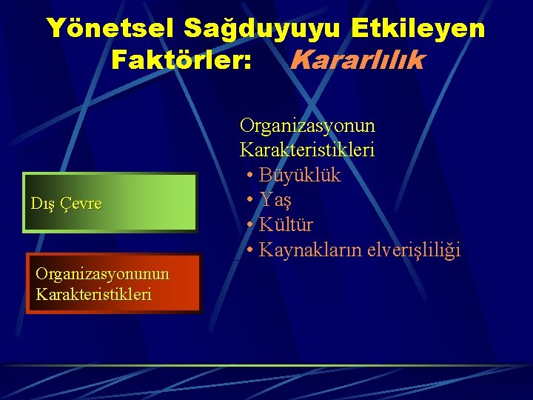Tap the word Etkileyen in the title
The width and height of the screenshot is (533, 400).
click(x=419, y=28)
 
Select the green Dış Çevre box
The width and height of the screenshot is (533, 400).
click(x=111, y=203)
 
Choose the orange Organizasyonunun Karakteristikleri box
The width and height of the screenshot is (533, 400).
click(x=113, y=284)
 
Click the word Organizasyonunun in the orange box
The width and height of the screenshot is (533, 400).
click(x=102, y=274)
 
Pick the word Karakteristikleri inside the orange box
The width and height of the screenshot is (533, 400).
click(x=93, y=294)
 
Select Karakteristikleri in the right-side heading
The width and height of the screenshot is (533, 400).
click(x=306, y=150)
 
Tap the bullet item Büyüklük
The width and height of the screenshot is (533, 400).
click(x=299, y=176)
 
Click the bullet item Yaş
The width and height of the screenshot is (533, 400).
click(x=275, y=201)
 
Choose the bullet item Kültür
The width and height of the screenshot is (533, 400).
click(x=286, y=225)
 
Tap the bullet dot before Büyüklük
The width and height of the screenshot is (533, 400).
click(x=250, y=176)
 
